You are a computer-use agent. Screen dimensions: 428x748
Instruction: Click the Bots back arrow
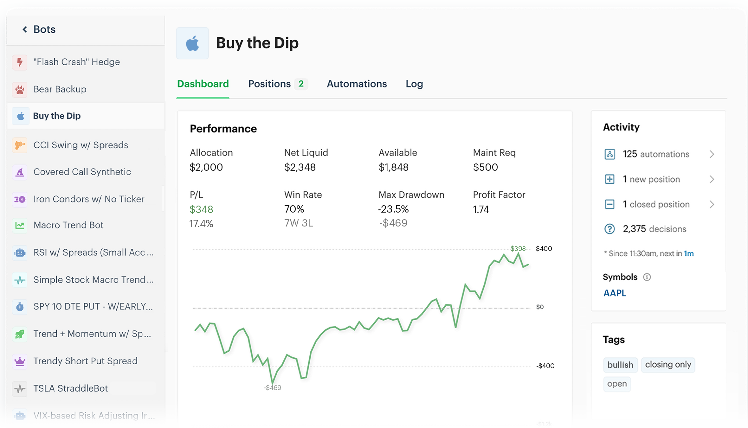[25, 29]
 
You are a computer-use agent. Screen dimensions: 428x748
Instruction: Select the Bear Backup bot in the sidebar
[60, 89]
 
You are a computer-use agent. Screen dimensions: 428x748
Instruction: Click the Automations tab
[357, 84]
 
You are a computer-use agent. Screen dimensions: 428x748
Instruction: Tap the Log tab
[414, 84]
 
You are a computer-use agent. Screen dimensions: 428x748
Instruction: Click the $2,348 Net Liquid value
[300, 167]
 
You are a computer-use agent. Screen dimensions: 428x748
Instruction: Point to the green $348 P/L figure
[201, 209]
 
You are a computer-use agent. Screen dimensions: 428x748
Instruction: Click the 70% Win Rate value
[294, 209]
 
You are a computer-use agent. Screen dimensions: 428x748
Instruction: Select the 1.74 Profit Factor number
[481, 209]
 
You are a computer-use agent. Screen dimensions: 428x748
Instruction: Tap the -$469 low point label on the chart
[273, 388]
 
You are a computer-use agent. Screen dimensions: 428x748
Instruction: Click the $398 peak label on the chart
[518, 249]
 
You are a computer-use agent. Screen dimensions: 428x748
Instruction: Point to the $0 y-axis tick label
[540, 307]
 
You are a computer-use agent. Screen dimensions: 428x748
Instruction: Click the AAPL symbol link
[615, 293]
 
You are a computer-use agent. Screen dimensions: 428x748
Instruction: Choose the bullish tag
[620, 365]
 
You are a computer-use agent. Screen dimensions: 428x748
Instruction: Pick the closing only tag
[668, 365]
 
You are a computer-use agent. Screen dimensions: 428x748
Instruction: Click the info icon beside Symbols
[647, 277]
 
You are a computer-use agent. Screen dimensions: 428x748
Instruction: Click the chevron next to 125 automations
[712, 154]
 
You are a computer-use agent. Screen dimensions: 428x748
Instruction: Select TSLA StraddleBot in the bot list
[70, 388]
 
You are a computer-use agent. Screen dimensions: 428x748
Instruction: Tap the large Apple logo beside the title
[192, 43]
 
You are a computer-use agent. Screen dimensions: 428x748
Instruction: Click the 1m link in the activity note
[689, 254]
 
